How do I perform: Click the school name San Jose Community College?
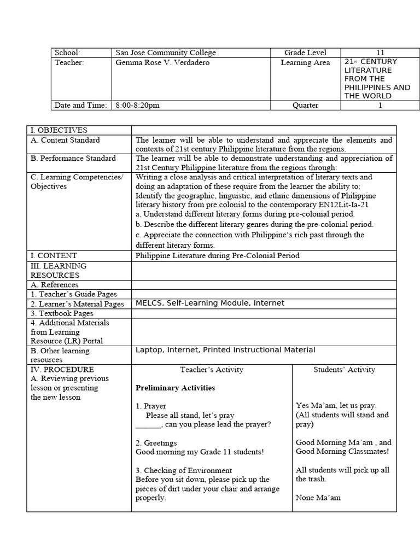(x=166, y=52)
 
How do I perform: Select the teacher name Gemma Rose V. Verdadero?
(x=162, y=62)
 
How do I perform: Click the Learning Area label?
(x=305, y=62)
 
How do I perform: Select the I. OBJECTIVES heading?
(x=59, y=130)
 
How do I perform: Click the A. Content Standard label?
(x=65, y=140)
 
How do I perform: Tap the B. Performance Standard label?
(x=73, y=158)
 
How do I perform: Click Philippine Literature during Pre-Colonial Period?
(x=217, y=255)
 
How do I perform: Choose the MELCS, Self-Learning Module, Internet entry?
(x=210, y=303)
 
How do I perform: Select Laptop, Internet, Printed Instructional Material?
(x=225, y=350)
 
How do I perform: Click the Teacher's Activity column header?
(x=212, y=370)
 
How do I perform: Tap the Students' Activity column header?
(x=344, y=370)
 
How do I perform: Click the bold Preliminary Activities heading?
(x=175, y=388)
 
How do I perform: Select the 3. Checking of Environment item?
(x=184, y=470)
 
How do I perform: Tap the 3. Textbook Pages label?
(x=62, y=313)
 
